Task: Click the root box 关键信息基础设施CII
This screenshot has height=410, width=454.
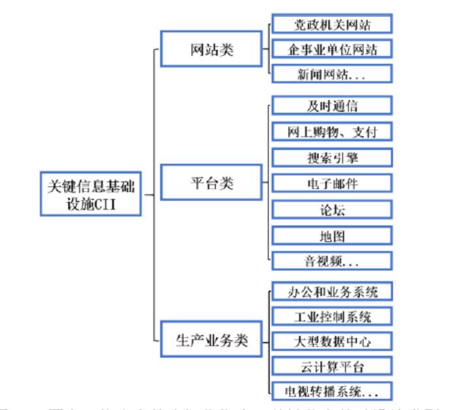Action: click(x=90, y=194)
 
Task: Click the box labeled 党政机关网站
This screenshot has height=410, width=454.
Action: click(x=332, y=24)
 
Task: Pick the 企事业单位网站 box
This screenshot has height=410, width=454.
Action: click(x=332, y=49)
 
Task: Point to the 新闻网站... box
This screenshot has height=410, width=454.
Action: click(x=332, y=74)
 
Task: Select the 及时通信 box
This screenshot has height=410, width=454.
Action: click(x=332, y=106)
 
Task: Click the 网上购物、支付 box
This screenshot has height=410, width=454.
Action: click(x=332, y=131)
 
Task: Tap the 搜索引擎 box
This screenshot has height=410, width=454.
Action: click(x=332, y=157)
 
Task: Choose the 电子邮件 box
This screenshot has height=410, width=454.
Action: click(x=332, y=183)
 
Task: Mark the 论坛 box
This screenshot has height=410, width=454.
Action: click(x=332, y=210)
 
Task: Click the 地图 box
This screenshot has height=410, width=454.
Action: click(x=332, y=235)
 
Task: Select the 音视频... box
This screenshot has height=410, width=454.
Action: click(x=332, y=260)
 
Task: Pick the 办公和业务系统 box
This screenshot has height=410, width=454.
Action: click(x=332, y=291)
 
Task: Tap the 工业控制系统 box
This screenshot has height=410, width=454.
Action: click(x=332, y=317)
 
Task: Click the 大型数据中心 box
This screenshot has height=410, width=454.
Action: click(x=332, y=341)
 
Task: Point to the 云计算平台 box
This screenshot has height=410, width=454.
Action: click(x=332, y=366)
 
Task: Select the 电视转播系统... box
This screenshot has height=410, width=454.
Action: click(x=332, y=390)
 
